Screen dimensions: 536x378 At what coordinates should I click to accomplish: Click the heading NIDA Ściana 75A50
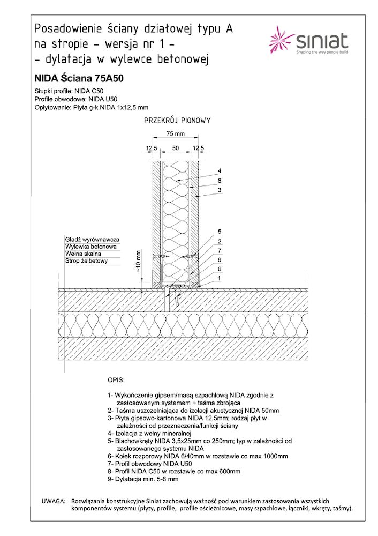click(x=79, y=78)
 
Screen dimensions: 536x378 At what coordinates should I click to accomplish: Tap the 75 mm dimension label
click(x=175, y=133)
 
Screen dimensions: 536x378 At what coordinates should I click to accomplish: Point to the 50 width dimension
click(x=175, y=148)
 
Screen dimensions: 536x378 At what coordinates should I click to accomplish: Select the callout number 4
click(x=220, y=171)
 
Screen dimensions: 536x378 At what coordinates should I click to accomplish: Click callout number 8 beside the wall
click(x=220, y=181)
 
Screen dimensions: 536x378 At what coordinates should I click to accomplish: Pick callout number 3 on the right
click(x=220, y=190)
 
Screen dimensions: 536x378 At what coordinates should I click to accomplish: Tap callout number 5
click(x=220, y=232)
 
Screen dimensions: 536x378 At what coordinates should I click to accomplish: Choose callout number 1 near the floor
click(x=220, y=278)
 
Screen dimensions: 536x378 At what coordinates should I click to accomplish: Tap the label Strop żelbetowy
click(x=87, y=262)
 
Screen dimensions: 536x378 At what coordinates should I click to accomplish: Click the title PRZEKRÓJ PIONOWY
click(x=177, y=121)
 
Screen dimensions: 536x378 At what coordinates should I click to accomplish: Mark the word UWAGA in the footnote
click(x=53, y=500)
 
